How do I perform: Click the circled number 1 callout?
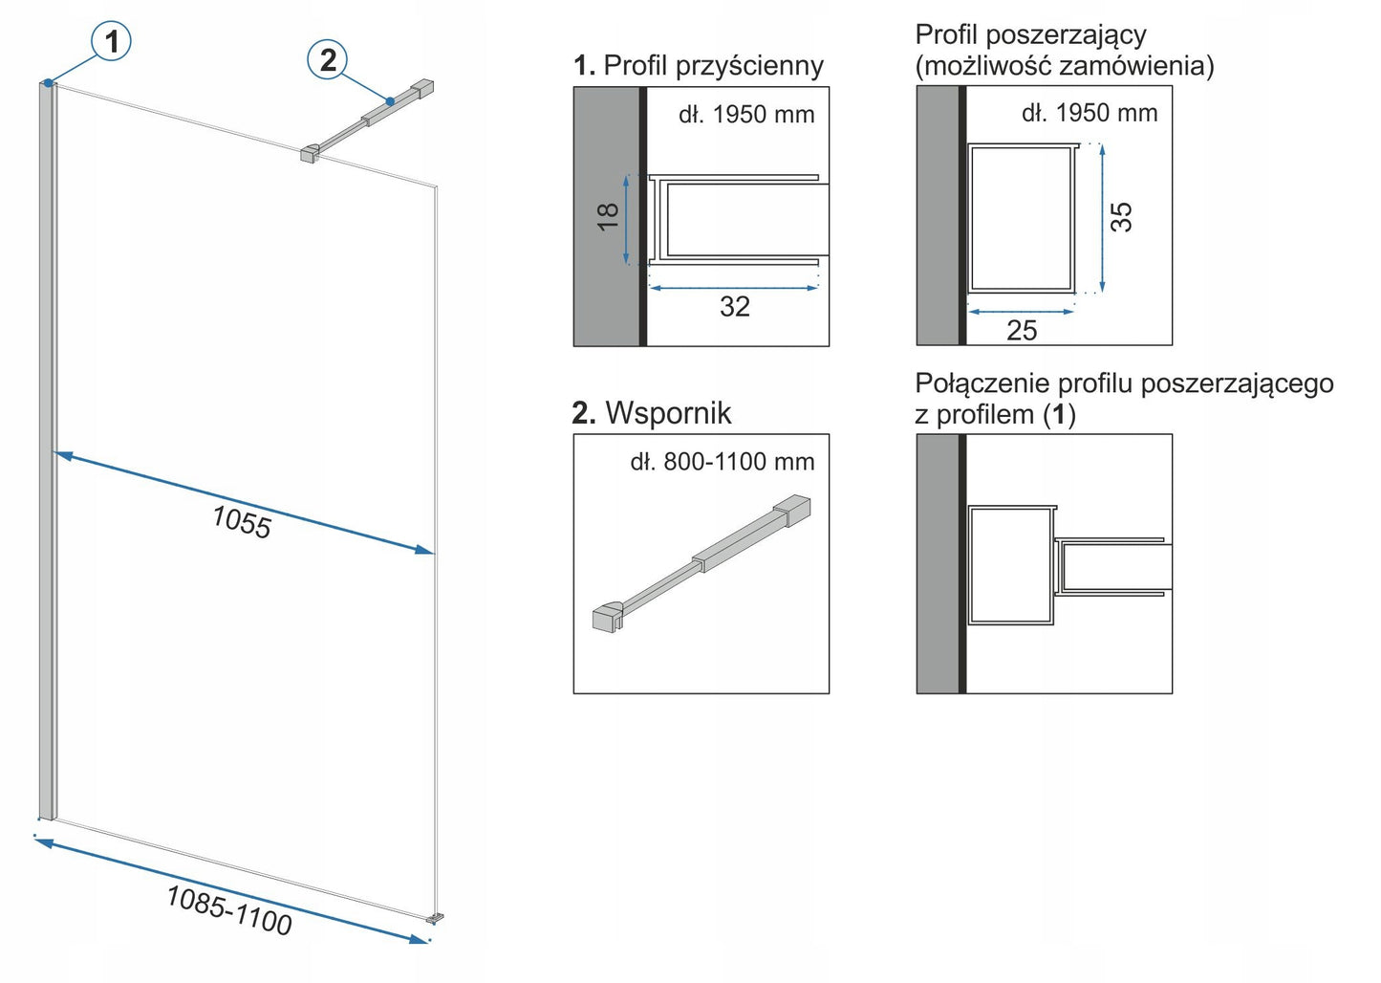(111, 41)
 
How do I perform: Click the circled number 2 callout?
(328, 60)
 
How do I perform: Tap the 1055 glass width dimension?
(242, 522)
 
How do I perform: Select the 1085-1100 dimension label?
(229, 908)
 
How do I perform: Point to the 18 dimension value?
(609, 216)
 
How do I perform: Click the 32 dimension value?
(734, 307)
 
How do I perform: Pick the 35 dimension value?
(1122, 216)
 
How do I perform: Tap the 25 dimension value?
(1022, 330)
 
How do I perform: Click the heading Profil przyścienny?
(713, 65)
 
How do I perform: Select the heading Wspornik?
(668, 413)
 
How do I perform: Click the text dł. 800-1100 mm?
(723, 462)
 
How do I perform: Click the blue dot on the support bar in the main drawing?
(390, 100)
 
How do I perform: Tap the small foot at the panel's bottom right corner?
(437, 918)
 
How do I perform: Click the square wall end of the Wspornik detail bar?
(797, 510)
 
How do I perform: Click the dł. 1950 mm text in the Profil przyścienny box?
(746, 115)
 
